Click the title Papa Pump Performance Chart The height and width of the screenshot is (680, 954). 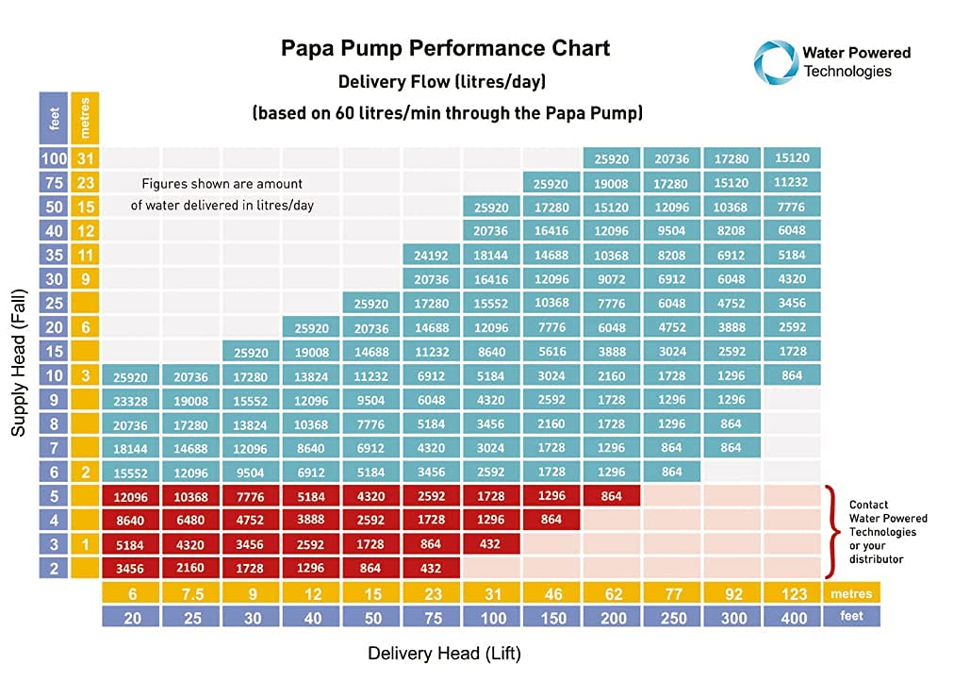[x=446, y=48]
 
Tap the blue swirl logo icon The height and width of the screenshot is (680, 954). [x=775, y=60]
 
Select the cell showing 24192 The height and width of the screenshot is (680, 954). [x=431, y=255]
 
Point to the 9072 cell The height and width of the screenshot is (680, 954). [x=612, y=279]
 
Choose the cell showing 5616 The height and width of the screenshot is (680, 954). [x=551, y=352]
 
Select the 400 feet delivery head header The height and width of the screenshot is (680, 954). [x=793, y=617]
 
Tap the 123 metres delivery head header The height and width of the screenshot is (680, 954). [x=793, y=593]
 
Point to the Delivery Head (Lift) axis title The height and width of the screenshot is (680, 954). [x=444, y=654]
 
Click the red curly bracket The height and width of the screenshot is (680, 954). [x=831, y=531]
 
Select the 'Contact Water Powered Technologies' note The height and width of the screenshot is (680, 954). [x=887, y=532]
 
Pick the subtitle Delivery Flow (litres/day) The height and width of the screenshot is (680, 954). [x=442, y=83]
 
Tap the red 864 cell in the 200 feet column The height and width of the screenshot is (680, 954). [x=612, y=496]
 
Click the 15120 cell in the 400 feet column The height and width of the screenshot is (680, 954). [x=793, y=158]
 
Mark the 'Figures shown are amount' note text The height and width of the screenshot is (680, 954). [x=222, y=184]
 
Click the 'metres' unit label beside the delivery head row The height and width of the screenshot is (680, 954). [x=851, y=593]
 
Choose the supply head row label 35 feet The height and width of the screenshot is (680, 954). [x=54, y=255]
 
